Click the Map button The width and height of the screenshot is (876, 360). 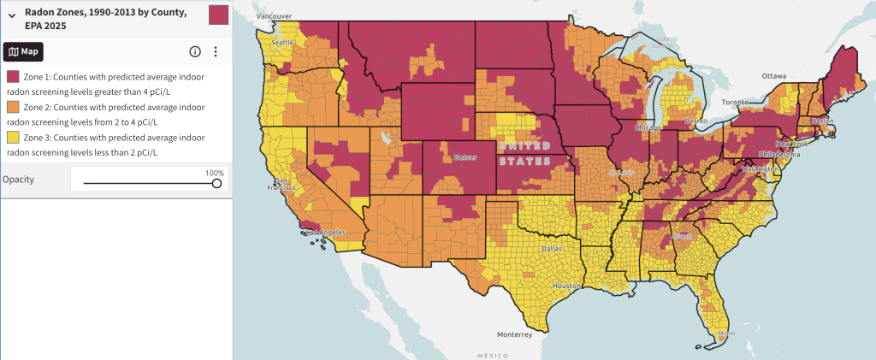pyautogui.click(x=24, y=51)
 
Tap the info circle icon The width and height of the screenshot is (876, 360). pyautogui.click(x=195, y=51)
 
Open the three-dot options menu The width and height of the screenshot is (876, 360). pyautogui.click(x=216, y=51)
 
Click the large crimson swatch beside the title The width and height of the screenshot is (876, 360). pyautogui.click(x=219, y=15)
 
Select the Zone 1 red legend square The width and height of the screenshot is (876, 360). pyautogui.click(x=13, y=77)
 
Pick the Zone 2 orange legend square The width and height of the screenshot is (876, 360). pyautogui.click(x=13, y=107)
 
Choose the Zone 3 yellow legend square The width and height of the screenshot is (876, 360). pyautogui.click(x=13, y=138)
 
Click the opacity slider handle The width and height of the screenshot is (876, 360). pyautogui.click(x=216, y=183)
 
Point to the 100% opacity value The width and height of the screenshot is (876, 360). pyautogui.click(x=214, y=173)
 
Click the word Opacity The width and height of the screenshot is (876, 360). pyautogui.click(x=18, y=180)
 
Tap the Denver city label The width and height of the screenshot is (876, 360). pyautogui.click(x=466, y=157)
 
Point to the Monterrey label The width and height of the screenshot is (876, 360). pyautogui.click(x=514, y=334)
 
